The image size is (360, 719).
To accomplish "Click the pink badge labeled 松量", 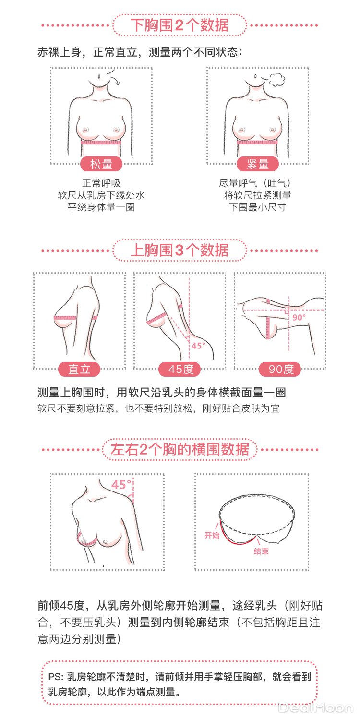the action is [x=101, y=164].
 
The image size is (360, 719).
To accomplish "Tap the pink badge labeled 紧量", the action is [x=258, y=164].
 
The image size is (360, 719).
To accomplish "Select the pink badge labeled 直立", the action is [x=79, y=369].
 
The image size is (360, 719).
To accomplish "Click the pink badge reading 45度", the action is [x=180, y=369].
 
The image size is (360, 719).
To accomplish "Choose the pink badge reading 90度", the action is [x=280, y=369].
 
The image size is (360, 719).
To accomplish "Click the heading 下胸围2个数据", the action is [x=180, y=25].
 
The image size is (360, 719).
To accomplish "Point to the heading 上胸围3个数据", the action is [x=180, y=250].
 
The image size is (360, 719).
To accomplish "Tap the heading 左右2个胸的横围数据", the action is [x=180, y=449].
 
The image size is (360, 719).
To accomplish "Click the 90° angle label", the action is [x=299, y=317].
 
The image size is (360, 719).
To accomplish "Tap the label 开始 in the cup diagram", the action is [x=212, y=535].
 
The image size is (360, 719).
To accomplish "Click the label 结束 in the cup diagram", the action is [x=261, y=551].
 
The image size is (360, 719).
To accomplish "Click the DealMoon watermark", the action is [x=315, y=708].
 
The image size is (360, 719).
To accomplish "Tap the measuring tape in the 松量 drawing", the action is [x=101, y=142].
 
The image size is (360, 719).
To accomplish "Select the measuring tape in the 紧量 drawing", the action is [x=258, y=142].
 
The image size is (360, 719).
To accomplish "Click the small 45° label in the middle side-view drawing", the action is [x=198, y=346].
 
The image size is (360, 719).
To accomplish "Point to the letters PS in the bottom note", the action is [x=55, y=677].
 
